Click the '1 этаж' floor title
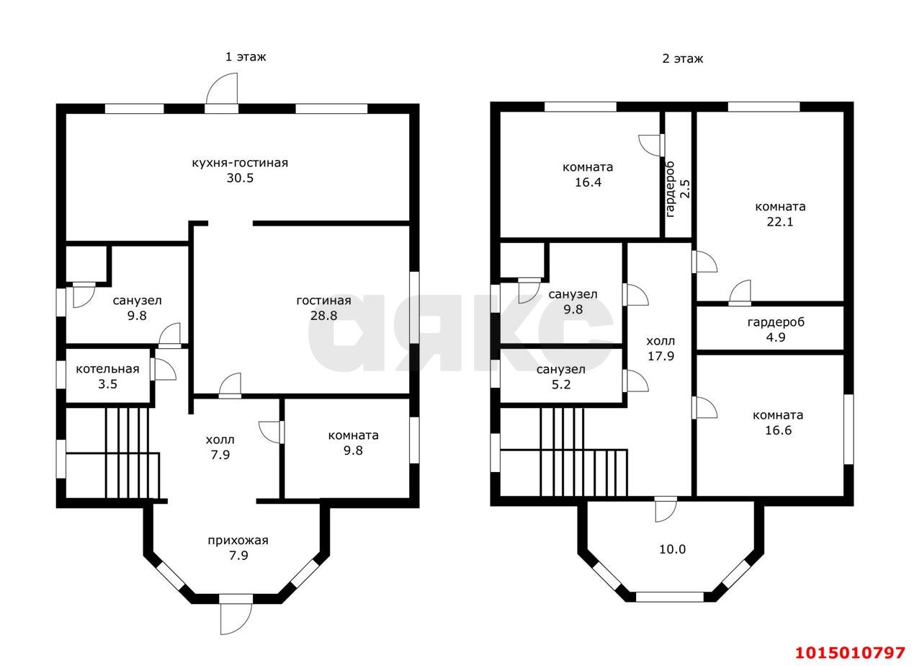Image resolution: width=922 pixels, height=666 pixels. [246, 56]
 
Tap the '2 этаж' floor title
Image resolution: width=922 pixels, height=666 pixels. [682, 58]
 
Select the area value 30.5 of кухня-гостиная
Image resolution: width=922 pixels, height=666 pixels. [240, 178]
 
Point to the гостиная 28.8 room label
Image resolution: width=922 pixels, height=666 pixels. [323, 308]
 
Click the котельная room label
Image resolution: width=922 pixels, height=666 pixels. [107, 368]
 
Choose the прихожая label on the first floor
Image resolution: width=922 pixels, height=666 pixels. [238, 540]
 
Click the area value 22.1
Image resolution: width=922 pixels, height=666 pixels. [779, 221]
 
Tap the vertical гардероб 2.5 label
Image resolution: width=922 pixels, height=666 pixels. [678, 189]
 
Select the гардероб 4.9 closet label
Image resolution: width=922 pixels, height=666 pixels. [776, 329]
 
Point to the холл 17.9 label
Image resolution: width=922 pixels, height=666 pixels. [661, 348]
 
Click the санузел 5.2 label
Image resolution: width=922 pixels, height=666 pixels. [560, 376]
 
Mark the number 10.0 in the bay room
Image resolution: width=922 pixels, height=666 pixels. [673, 549]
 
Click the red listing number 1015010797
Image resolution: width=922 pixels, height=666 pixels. [850, 652]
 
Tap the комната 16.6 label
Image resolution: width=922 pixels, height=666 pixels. [778, 422]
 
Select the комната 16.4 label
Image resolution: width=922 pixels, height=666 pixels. [588, 174]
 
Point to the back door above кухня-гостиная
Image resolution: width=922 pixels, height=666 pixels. [222, 93]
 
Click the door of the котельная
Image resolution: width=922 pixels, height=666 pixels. [163, 369]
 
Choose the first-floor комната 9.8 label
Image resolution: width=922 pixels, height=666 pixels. [353, 443]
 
